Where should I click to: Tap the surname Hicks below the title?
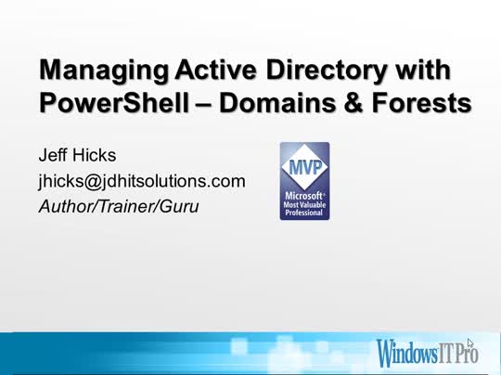tap(97, 156)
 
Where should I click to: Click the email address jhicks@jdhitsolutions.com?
tap(141, 181)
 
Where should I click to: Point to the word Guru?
tap(179, 205)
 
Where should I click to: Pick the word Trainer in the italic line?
tap(124, 205)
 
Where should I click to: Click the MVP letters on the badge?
tap(304, 170)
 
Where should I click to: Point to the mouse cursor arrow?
tap(470, 343)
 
